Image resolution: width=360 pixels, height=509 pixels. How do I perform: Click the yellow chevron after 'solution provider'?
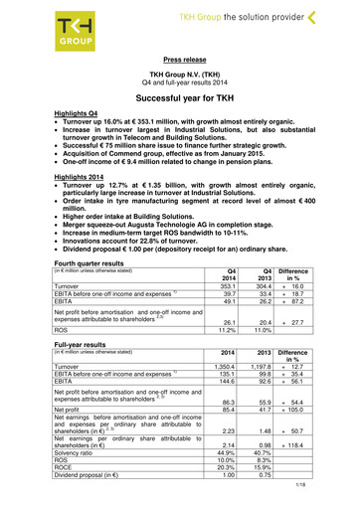344,17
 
